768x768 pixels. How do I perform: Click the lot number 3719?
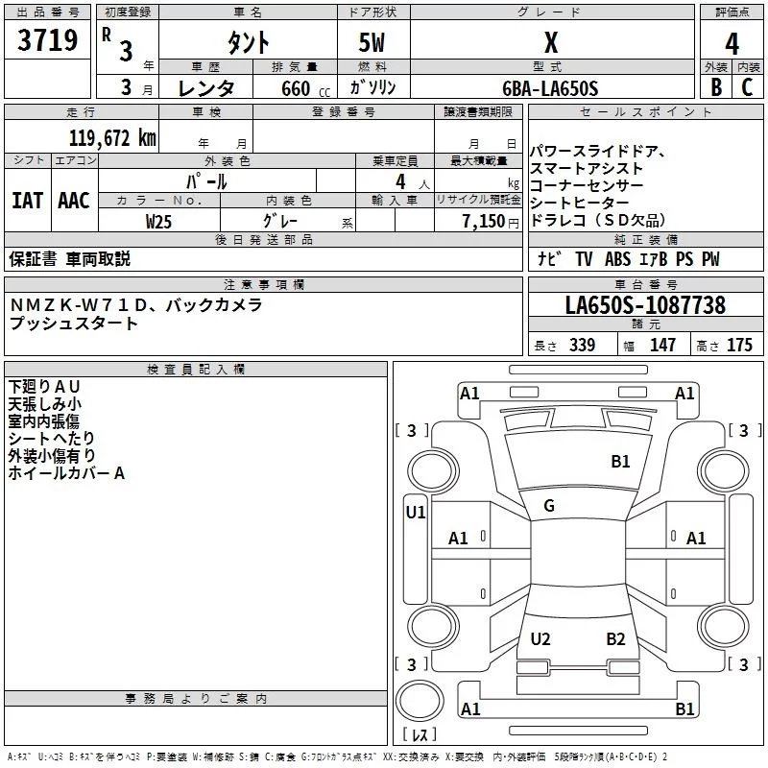point(48,41)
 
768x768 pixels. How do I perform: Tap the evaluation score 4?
point(732,43)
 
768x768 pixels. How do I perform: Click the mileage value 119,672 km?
point(113,137)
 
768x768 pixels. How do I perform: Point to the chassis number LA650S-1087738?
point(645,306)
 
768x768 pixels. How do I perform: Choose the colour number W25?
point(159,221)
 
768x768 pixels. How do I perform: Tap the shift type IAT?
point(27,200)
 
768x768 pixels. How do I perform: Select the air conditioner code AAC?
point(74,200)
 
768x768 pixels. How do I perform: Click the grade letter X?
point(550,43)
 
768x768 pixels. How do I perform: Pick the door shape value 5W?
point(372,43)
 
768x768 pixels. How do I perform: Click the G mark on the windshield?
point(549,506)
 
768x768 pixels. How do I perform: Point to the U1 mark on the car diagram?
point(415,513)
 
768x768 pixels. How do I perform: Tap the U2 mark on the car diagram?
point(540,639)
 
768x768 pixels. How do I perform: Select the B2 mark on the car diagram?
point(615,639)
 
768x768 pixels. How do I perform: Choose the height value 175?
point(739,346)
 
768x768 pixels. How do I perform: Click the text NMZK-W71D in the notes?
point(77,305)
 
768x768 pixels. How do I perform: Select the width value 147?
point(662,346)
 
